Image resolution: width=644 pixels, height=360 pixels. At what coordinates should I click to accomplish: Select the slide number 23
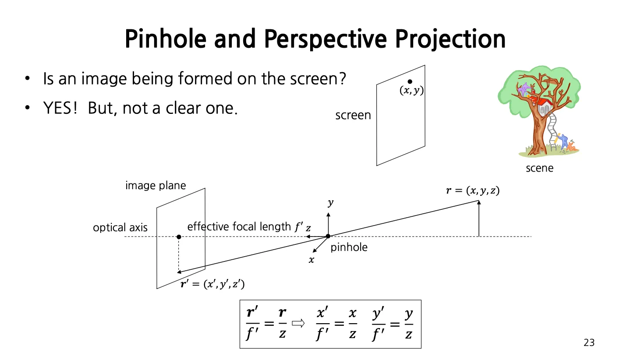[x=589, y=342]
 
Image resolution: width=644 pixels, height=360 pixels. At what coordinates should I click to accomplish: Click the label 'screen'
[x=353, y=115]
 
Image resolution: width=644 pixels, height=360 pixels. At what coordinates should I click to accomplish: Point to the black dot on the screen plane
[x=410, y=81]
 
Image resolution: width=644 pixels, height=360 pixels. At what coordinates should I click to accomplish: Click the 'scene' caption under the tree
[x=539, y=168]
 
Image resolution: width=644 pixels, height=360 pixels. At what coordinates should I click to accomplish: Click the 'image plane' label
[x=156, y=185]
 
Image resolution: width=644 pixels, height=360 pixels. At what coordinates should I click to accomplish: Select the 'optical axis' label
[x=120, y=228]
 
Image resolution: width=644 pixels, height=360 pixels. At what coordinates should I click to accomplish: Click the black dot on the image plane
[x=179, y=237]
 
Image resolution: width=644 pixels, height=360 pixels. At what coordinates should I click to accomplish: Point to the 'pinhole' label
[x=349, y=247]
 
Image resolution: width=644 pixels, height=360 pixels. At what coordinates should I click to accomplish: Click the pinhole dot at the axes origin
[x=328, y=236]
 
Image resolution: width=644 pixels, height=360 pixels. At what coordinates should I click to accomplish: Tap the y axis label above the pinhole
[x=330, y=203]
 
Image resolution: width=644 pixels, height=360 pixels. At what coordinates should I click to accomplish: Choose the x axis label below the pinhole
[x=311, y=260]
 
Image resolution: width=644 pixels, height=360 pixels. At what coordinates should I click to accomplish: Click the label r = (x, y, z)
[x=473, y=191]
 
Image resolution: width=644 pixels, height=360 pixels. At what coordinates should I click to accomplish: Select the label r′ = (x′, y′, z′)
[x=212, y=284]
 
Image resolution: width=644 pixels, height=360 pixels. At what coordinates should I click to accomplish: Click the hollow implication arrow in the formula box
[x=298, y=324]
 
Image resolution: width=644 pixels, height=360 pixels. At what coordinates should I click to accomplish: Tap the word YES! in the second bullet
[x=60, y=108]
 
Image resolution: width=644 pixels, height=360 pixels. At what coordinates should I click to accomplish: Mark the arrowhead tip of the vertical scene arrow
[x=479, y=201]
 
